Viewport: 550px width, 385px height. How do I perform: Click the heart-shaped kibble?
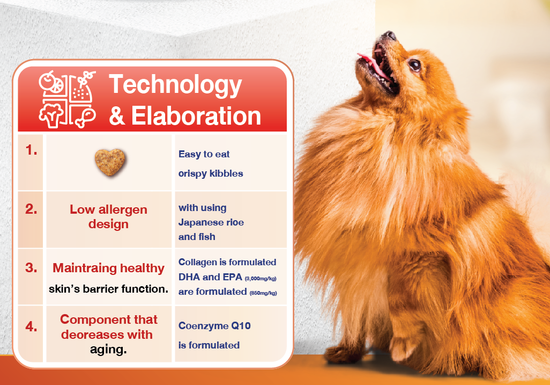[110, 162]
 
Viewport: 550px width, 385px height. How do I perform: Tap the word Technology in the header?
[175, 85]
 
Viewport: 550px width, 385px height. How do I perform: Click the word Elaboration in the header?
[196, 115]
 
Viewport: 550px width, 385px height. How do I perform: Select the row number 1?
[31, 150]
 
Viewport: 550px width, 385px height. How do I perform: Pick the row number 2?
[31, 209]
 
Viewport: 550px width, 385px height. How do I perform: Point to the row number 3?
[31, 267]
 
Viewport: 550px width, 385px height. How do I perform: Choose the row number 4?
[31, 326]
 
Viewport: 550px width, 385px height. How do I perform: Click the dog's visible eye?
[414, 65]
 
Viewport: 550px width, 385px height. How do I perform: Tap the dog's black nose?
[389, 35]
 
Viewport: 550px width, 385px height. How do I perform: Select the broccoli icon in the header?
[51, 116]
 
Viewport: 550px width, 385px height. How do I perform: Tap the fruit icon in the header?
[51, 82]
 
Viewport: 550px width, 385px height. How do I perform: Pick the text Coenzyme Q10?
[214, 325]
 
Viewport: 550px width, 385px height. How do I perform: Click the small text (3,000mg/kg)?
[261, 279]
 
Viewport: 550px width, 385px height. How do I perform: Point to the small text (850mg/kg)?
[263, 293]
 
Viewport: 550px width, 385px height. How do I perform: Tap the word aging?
[108, 350]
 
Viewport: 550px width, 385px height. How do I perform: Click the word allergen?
[123, 210]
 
